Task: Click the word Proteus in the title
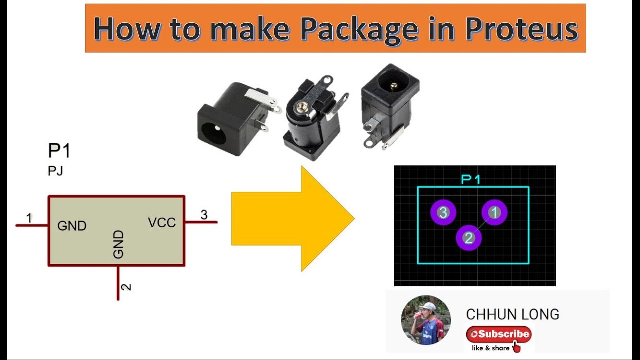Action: click(521, 29)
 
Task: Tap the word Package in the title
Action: click(358, 29)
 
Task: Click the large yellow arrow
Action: click(292, 218)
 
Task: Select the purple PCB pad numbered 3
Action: click(443, 213)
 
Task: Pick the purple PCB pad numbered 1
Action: click(494, 213)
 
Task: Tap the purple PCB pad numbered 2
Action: click(469, 238)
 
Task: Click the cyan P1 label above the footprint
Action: click(470, 179)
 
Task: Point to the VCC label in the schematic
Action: click(162, 223)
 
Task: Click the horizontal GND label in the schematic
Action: click(72, 226)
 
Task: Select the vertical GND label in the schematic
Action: click(118, 244)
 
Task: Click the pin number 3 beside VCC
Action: click(204, 215)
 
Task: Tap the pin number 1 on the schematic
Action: click(29, 218)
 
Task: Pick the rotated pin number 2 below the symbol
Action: click(127, 287)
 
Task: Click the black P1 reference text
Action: click(59, 151)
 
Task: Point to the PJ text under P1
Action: click(55, 171)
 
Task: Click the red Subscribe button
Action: click(499, 334)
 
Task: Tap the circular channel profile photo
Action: click(425, 320)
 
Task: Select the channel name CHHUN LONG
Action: click(512, 314)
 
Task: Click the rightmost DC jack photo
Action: click(390, 105)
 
